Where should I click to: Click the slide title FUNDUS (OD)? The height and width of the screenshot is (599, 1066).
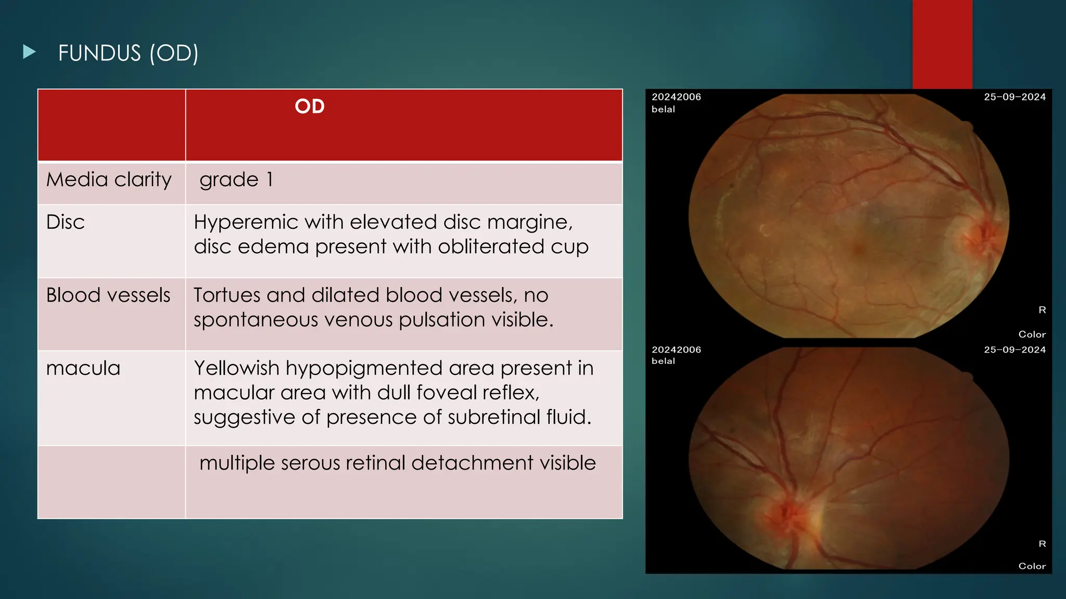[x=128, y=53]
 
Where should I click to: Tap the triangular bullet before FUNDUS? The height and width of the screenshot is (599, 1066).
[x=30, y=51]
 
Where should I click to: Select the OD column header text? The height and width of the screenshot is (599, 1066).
[x=309, y=107]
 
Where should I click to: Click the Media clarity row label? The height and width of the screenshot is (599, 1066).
[x=109, y=179]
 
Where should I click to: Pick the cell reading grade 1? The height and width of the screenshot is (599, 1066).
[x=236, y=179]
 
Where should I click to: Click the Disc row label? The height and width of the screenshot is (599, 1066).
[x=65, y=222]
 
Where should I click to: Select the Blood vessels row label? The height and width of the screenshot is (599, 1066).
[x=108, y=295]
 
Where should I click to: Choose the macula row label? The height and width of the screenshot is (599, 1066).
[x=83, y=368]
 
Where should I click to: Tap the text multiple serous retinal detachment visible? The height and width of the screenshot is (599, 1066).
[x=397, y=463]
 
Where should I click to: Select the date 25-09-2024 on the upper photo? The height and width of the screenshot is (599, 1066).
[x=1014, y=97]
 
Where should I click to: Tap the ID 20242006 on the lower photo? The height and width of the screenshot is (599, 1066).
[x=676, y=349]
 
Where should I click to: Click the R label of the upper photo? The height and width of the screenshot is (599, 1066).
[x=1042, y=310]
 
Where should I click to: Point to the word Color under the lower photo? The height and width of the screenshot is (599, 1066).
[x=1032, y=566]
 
